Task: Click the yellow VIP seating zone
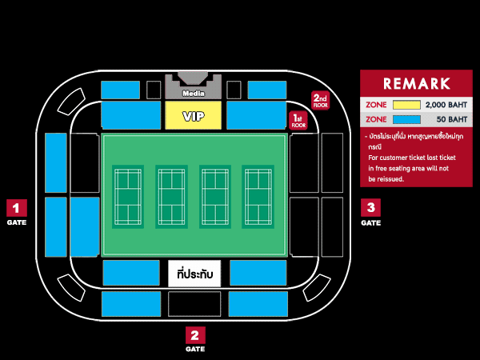coord(193,116)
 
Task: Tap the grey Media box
coord(193,90)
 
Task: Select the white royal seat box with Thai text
coord(194,274)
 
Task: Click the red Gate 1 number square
coord(17,208)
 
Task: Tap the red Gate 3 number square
coord(370,208)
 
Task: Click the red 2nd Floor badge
coord(320,101)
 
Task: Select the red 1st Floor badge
coord(298,121)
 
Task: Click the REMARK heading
coord(416,83)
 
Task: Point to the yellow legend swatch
coord(406,105)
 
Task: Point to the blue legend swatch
coord(406,119)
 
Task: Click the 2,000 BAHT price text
coord(446,105)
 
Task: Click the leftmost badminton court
coord(128,197)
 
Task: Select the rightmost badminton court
coord(258,197)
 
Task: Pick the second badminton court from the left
coord(171,197)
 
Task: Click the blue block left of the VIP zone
coord(131,115)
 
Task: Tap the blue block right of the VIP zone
coord(256,115)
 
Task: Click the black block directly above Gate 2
coord(194,303)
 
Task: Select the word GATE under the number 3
coord(370,223)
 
